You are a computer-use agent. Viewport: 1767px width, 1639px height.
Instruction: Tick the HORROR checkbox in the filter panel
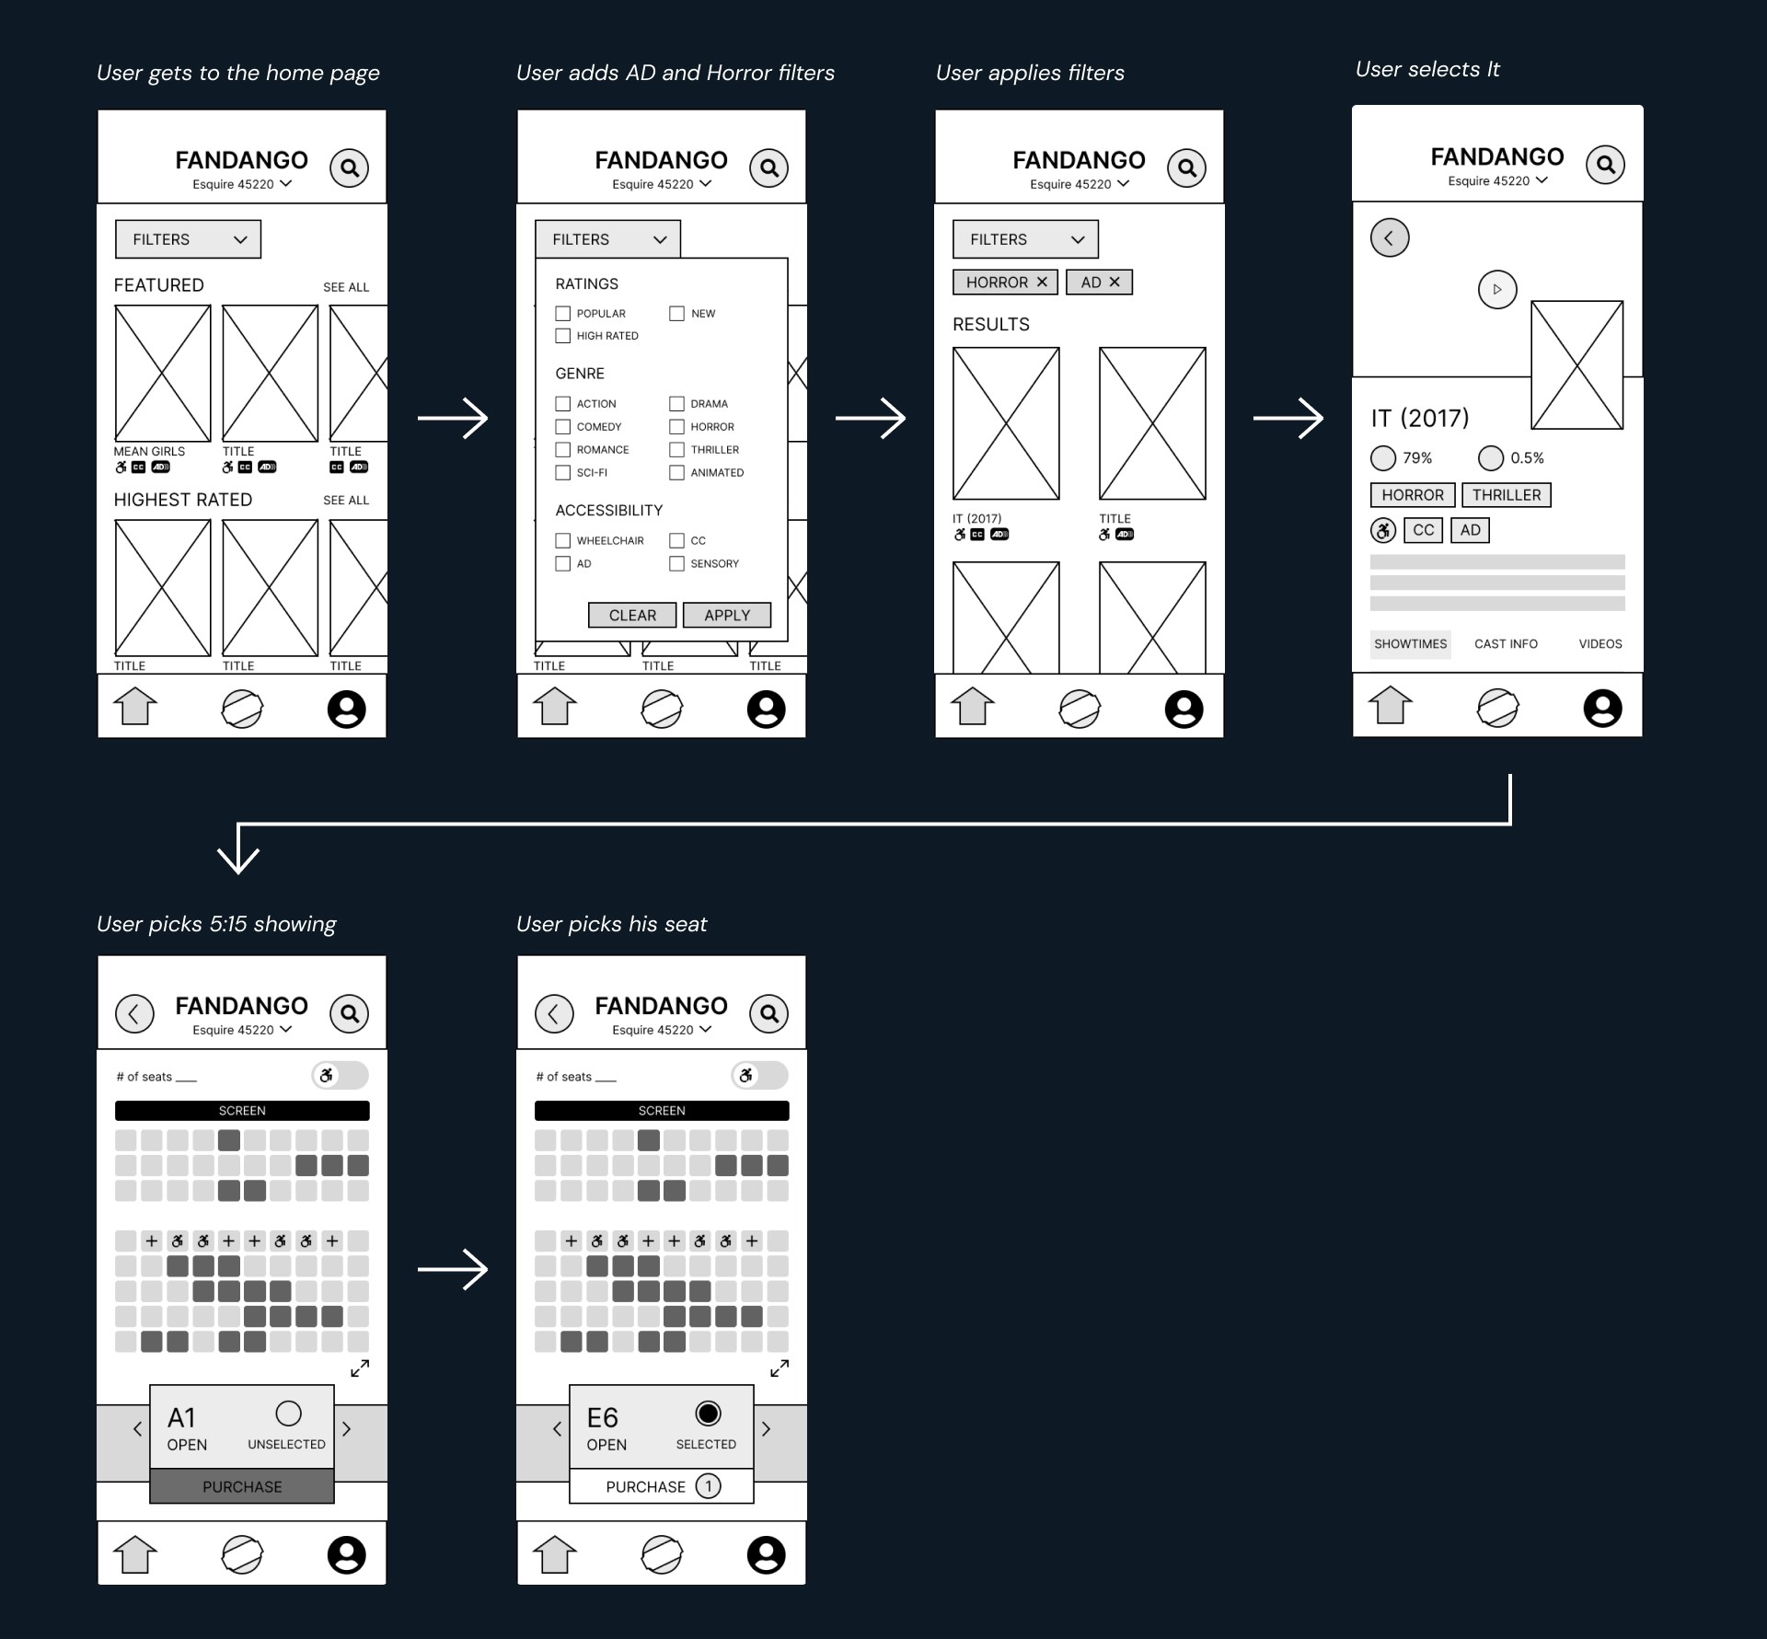[x=676, y=427]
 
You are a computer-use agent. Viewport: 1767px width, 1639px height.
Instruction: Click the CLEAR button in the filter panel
[x=632, y=615]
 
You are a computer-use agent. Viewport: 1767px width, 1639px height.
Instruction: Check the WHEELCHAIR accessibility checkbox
[x=563, y=540]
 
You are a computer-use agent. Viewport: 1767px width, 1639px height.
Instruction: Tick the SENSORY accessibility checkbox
[x=676, y=563]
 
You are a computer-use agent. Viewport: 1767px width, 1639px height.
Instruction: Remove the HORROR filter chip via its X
[x=1042, y=282]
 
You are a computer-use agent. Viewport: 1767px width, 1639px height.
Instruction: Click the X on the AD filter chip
[x=1114, y=282]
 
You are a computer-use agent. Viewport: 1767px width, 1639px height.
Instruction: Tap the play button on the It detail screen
[x=1496, y=289]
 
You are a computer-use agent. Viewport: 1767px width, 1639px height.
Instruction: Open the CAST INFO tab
[x=1506, y=643]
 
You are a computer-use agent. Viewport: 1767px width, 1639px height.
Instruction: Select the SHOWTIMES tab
[x=1410, y=643]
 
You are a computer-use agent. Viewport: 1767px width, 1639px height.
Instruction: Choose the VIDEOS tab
[x=1600, y=643]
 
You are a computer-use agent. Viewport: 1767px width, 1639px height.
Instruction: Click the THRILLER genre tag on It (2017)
[x=1506, y=495]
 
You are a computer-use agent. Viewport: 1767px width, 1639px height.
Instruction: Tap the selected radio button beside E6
[x=708, y=1413]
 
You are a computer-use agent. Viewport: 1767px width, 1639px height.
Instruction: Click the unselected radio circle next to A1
[x=288, y=1413]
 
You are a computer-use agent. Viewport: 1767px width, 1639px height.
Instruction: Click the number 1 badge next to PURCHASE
[x=708, y=1486]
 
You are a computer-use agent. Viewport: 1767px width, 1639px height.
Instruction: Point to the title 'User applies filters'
[x=1030, y=73]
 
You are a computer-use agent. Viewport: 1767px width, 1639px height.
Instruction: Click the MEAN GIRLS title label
[x=149, y=451]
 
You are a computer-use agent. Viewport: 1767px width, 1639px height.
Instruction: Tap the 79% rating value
[x=1416, y=457]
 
